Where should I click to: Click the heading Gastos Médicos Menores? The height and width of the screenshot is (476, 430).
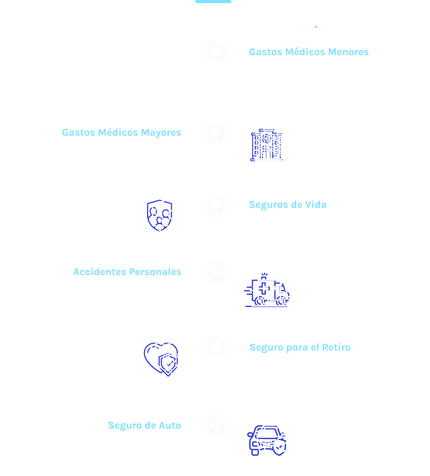(309, 52)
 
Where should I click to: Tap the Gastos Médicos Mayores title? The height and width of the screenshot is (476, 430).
(121, 133)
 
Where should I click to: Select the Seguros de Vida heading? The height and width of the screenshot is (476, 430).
(288, 205)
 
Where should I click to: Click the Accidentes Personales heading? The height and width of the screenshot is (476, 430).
(127, 272)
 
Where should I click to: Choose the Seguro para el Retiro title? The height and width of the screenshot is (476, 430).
(300, 347)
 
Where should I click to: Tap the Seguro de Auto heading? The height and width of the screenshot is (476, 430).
(145, 425)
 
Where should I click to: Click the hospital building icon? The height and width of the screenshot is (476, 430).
(266, 145)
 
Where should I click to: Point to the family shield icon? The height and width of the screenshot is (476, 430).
(160, 216)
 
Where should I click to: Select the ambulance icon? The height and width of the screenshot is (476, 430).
(266, 290)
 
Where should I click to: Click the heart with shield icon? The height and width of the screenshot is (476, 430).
(161, 360)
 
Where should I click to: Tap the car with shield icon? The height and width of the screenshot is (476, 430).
(266, 440)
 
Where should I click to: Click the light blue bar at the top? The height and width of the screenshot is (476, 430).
(213, 1)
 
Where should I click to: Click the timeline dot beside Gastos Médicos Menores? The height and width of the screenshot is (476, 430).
(215, 52)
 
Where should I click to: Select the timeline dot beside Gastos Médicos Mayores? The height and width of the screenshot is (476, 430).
(215, 132)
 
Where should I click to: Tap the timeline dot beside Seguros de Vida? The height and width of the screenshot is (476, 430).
(215, 204)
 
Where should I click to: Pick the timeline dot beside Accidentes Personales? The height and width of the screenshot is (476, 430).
(215, 272)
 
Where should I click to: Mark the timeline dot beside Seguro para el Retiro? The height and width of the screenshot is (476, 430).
(215, 347)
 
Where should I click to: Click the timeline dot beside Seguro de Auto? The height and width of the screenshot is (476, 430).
(215, 425)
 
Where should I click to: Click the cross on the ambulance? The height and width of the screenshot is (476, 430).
(264, 289)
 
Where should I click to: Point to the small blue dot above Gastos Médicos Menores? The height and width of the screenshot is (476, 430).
(316, 27)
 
